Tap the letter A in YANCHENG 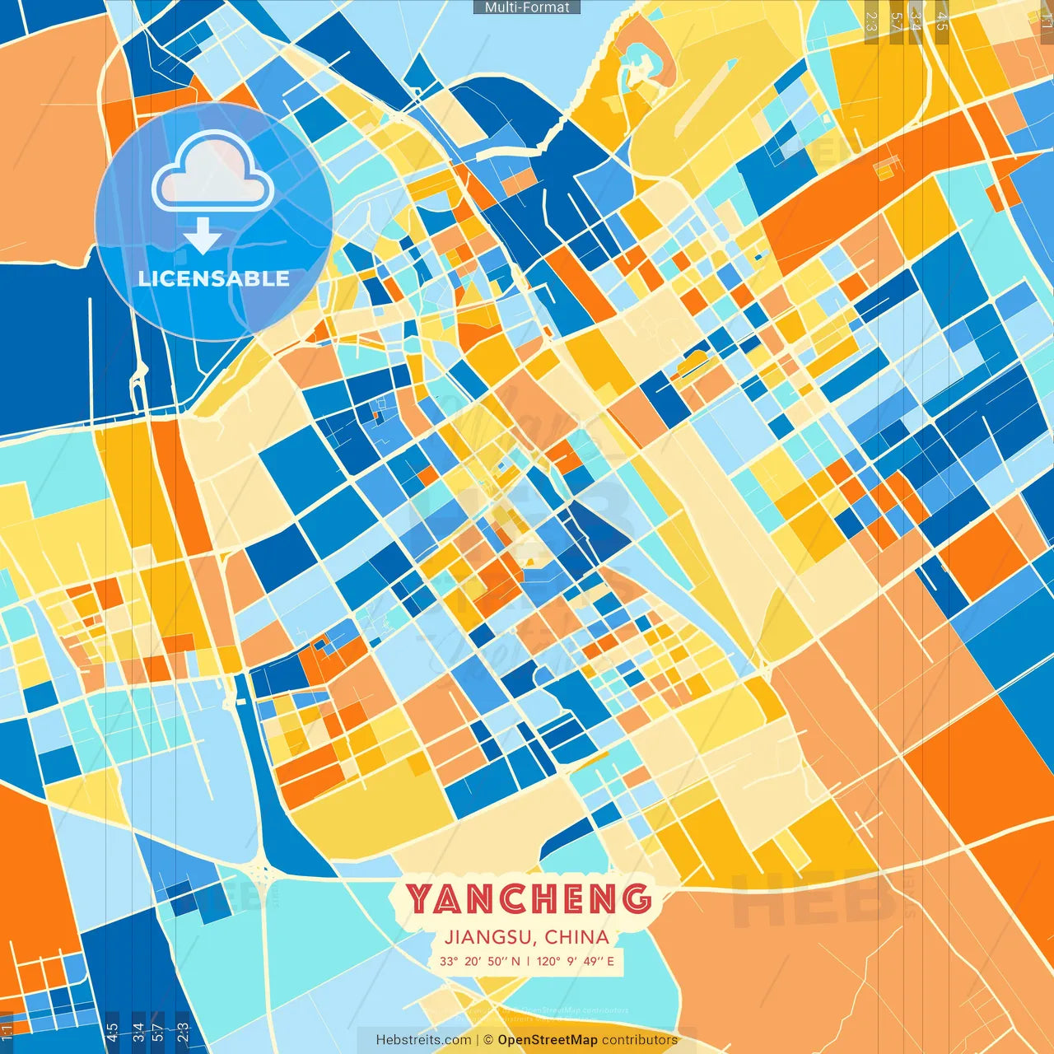point(451,899)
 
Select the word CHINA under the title point(576,937)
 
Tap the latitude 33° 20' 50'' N point(479,961)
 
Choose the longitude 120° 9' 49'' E point(575,961)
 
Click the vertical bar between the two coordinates point(528,961)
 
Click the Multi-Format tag point(527,7)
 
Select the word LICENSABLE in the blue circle point(214,278)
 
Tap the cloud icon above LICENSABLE point(212,170)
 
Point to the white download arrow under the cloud point(203,236)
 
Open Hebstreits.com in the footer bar point(423,1040)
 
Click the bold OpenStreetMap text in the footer point(548,1040)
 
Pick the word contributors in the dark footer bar point(640,1040)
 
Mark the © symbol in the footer point(487,1040)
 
